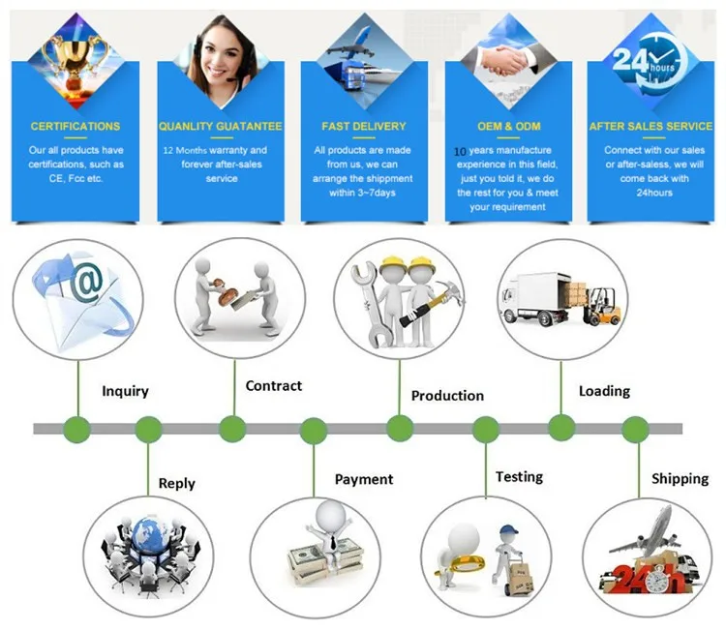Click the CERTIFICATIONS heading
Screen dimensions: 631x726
[76, 127]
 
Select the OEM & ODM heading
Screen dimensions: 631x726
[508, 127]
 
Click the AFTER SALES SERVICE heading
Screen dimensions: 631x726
[650, 127]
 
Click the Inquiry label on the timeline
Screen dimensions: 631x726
[126, 391]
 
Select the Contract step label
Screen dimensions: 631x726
[273, 385]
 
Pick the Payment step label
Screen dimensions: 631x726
[364, 479]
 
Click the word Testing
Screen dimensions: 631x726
[519, 476]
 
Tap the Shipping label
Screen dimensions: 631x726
[680, 478]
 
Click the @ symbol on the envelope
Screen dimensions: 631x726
[87, 283]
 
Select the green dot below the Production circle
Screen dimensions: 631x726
[400, 428]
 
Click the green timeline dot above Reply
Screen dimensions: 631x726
[148, 429]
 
